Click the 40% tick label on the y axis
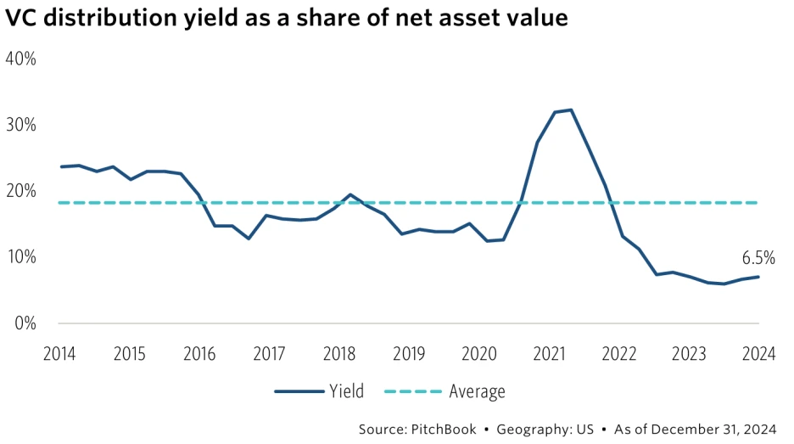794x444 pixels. [x=20, y=59]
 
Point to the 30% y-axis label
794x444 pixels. [x=20, y=125]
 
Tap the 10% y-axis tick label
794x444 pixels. [x=20, y=257]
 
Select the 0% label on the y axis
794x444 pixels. [x=24, y=323]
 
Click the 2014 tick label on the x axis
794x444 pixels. [x=59, y=354]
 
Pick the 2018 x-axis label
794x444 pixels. [x=339, y=354]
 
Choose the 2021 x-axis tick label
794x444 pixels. [x=548, y=354]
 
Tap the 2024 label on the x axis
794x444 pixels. [x=758, y=354]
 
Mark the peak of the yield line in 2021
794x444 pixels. [x=571, y=110]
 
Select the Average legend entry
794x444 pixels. [x=476, y=391]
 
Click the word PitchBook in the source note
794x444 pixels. [x=445, y=430]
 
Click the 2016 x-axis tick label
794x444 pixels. [x=199, y=354]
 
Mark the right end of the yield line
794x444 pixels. [x=758, y=277]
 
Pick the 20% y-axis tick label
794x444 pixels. [x=20, y=191]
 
